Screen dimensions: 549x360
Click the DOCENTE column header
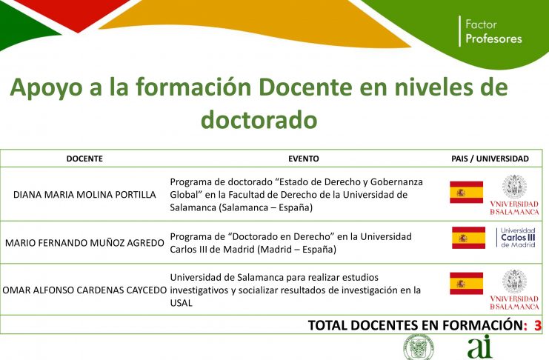click(84, 159)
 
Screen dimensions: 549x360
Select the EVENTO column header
click(304, 159)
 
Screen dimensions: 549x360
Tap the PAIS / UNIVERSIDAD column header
click(490, 159)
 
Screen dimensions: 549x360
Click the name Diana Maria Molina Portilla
click(84, 195)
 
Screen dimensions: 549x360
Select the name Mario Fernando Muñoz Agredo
click(84, 243)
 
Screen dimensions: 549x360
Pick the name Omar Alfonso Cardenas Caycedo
click(84, 290)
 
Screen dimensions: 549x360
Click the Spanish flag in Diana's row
click(466, 193)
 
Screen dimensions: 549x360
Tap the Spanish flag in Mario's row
click(468, 238)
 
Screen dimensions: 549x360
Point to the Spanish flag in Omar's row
click(466, 283)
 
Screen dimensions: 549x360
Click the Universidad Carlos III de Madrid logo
click(516, 238)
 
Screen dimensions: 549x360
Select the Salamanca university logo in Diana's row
click(514, 195)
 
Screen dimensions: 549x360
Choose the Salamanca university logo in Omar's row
click(514, 290)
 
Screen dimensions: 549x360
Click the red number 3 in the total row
click(537, 325)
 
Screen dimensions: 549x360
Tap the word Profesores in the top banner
click(493, 39)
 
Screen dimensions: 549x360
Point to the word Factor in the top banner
click(481, 24)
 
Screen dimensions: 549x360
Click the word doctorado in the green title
click(259, 119)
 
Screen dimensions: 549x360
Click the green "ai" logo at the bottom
click(479, 347)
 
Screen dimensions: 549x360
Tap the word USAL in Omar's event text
click(181, 303)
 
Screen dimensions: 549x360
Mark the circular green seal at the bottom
click(419, 347)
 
